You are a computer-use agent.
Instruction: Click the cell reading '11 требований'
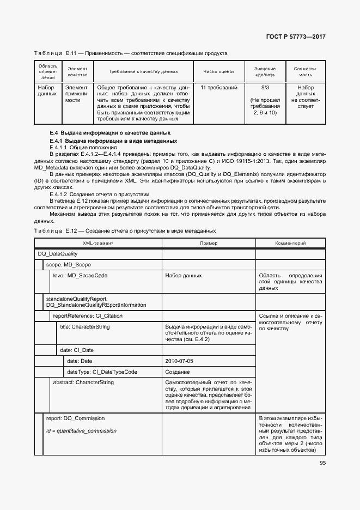coord(218,87)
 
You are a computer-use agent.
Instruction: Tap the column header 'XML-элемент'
coord(98,243)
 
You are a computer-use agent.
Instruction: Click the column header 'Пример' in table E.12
coord(208,243)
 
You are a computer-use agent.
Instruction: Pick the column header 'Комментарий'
coord(290,243)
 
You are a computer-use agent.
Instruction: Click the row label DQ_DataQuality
coord(58,254)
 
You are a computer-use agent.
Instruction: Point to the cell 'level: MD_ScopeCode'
coord(80,276)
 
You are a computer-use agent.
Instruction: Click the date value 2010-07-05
coord(179,361)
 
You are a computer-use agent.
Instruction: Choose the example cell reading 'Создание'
coord(178,372)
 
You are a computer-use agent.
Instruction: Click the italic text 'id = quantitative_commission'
coord(82,431)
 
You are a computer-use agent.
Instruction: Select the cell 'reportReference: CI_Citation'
coord(88,316)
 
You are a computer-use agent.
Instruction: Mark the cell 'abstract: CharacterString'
coord(83,382)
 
